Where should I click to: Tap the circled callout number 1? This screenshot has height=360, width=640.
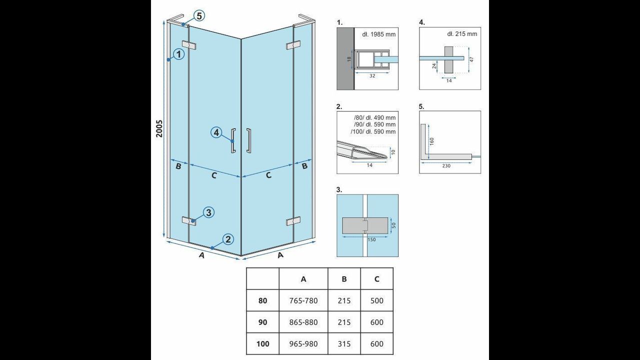coord(179,53)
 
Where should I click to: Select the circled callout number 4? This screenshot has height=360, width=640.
coord(216,132)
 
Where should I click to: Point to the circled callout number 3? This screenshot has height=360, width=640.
coord(208,212)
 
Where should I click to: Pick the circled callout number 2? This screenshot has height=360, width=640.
coord(228,239)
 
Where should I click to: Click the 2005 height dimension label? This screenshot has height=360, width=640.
coord(159,128)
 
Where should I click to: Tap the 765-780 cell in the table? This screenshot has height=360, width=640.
coord(303,300)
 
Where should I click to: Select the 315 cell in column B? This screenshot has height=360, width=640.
coord(344,343)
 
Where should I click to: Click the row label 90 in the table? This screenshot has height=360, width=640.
coord(262,322)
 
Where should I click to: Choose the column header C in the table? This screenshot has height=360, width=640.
coord(377,279)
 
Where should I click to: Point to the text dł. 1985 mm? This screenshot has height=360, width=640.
coord(379,34)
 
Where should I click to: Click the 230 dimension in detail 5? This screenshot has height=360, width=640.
coord(446,165)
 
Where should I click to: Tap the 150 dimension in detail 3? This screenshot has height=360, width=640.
coord(371,239)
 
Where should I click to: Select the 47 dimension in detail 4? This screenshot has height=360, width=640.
coord(471,59)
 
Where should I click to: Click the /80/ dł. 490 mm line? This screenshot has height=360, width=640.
coord(374,117)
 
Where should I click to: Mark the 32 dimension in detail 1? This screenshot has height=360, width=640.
coord(372,76)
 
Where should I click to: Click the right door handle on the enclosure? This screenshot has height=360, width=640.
coord(248,140)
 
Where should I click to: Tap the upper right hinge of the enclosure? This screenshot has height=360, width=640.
coord(293,45)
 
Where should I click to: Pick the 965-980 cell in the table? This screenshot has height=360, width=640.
coord(303,343)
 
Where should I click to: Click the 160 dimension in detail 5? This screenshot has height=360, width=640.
coord(431,141)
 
